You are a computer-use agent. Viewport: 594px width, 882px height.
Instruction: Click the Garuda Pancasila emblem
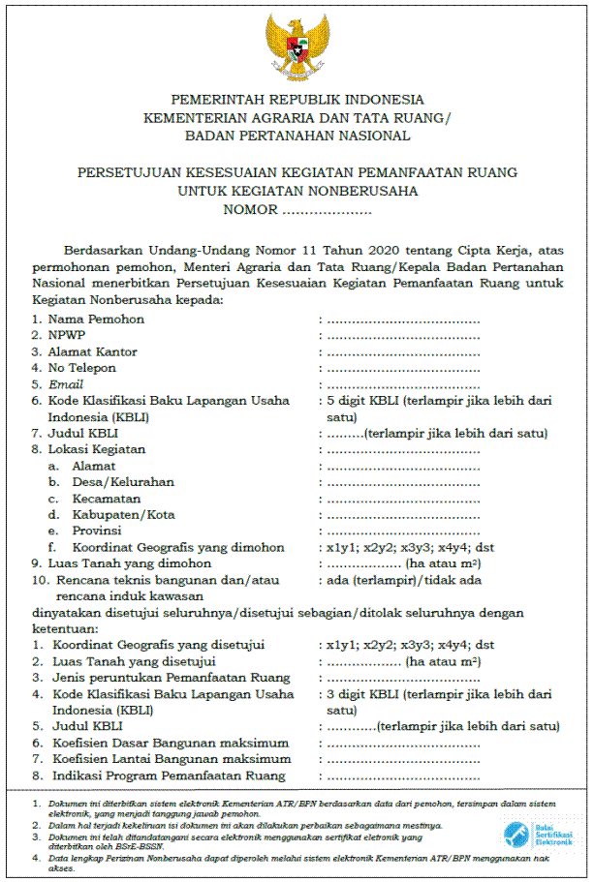tap(297, 46)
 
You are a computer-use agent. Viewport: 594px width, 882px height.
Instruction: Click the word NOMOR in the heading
tap(249, 208)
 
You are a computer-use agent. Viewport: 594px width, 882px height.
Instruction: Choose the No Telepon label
tap(81, 368)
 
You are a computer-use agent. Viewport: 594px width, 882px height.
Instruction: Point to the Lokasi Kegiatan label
tap(96, 449)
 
